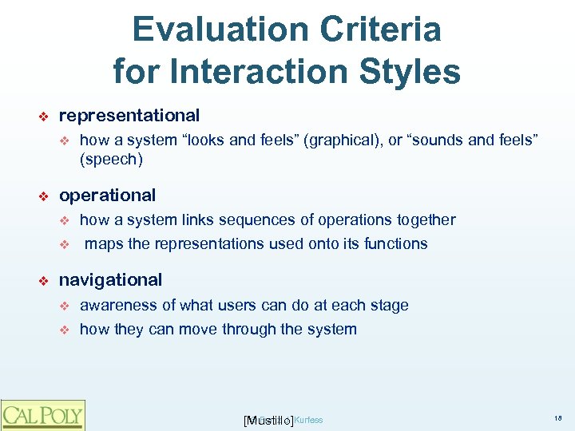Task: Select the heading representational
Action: point(129,116)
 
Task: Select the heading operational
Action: point(108,195)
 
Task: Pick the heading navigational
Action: point(110,279)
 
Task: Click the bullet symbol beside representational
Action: point(45,117)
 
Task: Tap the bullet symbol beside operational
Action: point(45,196)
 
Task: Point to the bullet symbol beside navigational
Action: point(45,280)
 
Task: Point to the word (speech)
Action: point(111,160)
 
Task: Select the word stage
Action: point(389,305)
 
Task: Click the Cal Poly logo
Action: point(42,414)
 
